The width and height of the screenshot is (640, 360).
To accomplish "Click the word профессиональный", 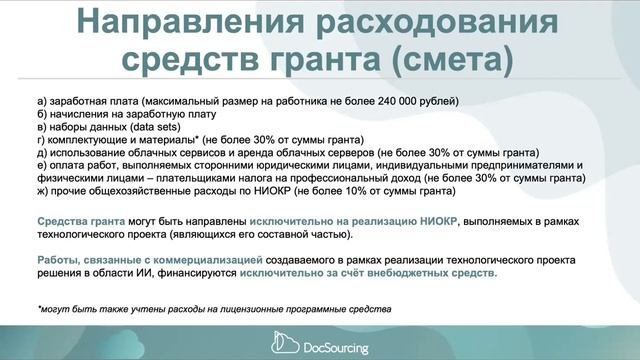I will pos(312,177).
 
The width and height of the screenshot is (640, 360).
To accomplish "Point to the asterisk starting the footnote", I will pos(38,308).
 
